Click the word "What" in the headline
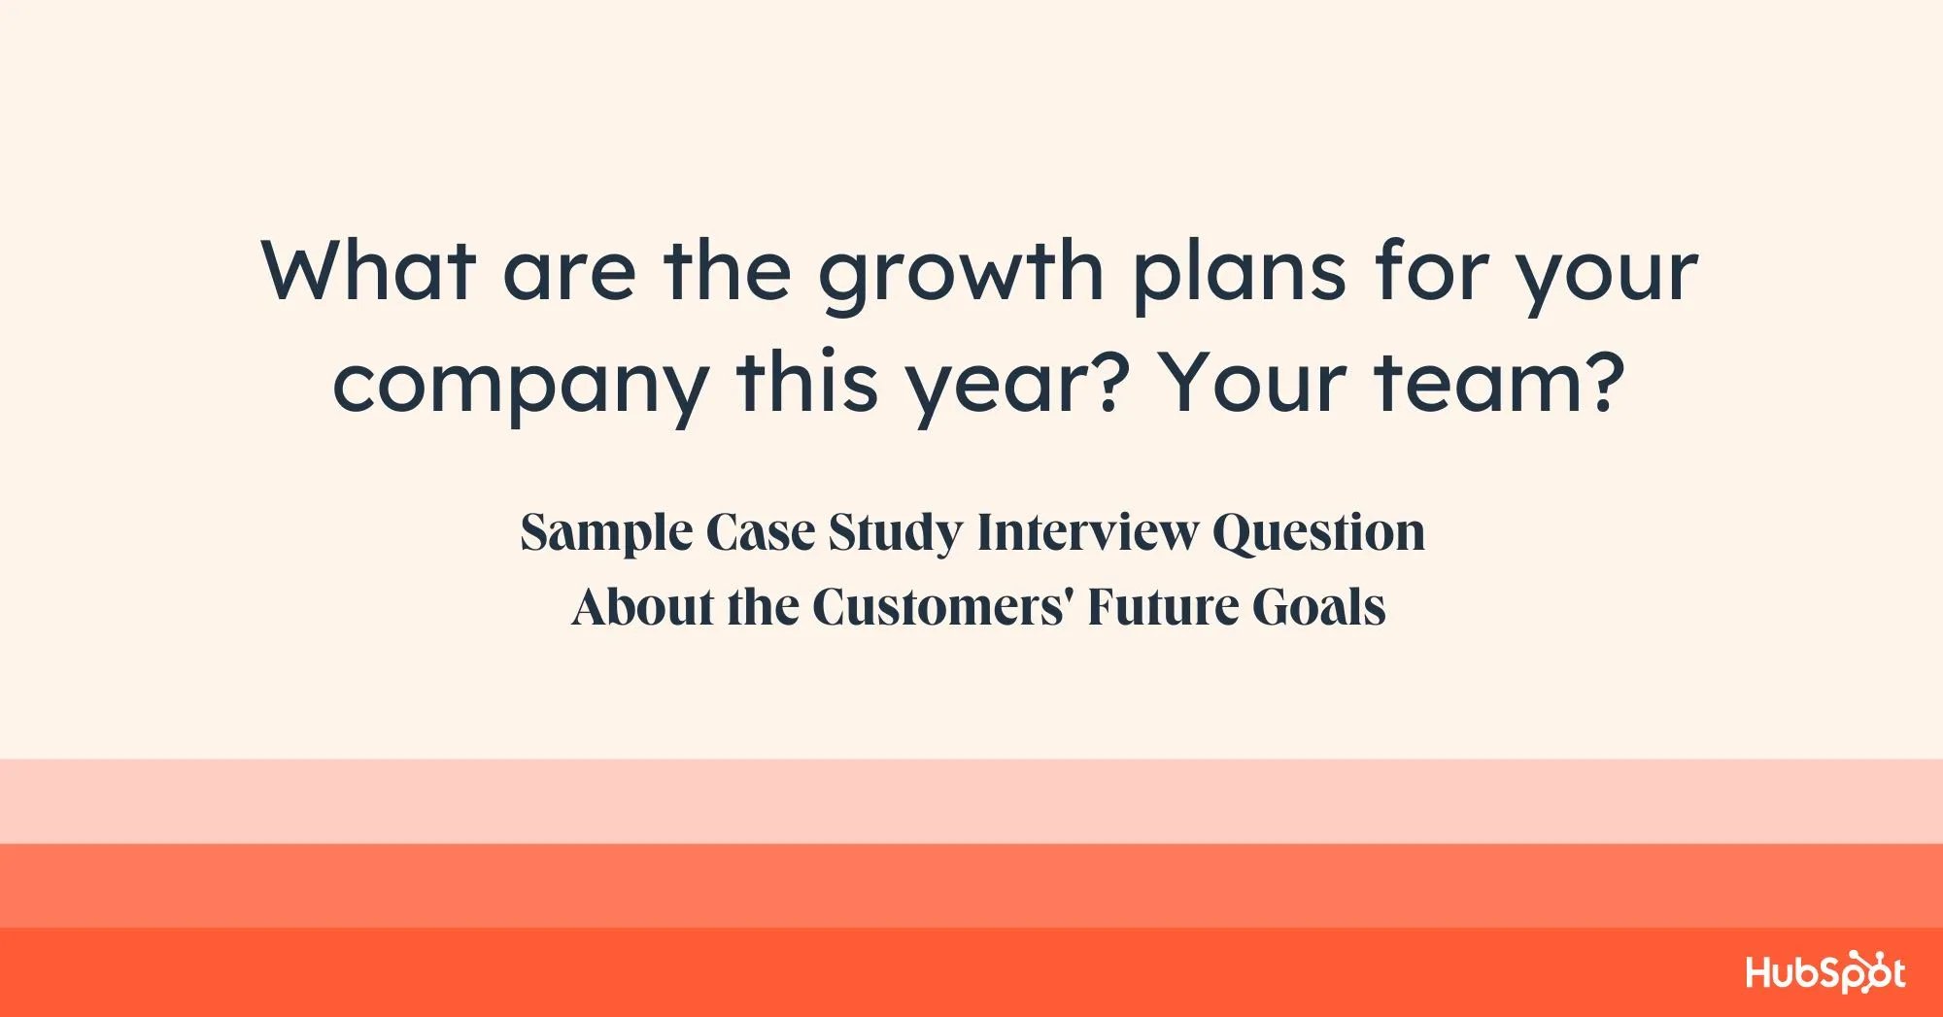click(x=369, y=270)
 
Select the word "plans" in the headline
click(x=1240, y=276)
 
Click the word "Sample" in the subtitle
click(x=607, y=533)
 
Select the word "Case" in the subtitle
click(x=761, y=532)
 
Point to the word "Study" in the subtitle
click(x=895, y=533)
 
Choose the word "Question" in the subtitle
click(x=1319, y=533)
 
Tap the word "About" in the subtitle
click(x=643, y=607)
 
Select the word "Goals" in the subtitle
click(x=1318, y=607)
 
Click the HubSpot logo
click(x=1825, y=971)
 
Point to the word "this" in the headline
click(x=807, y=382)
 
